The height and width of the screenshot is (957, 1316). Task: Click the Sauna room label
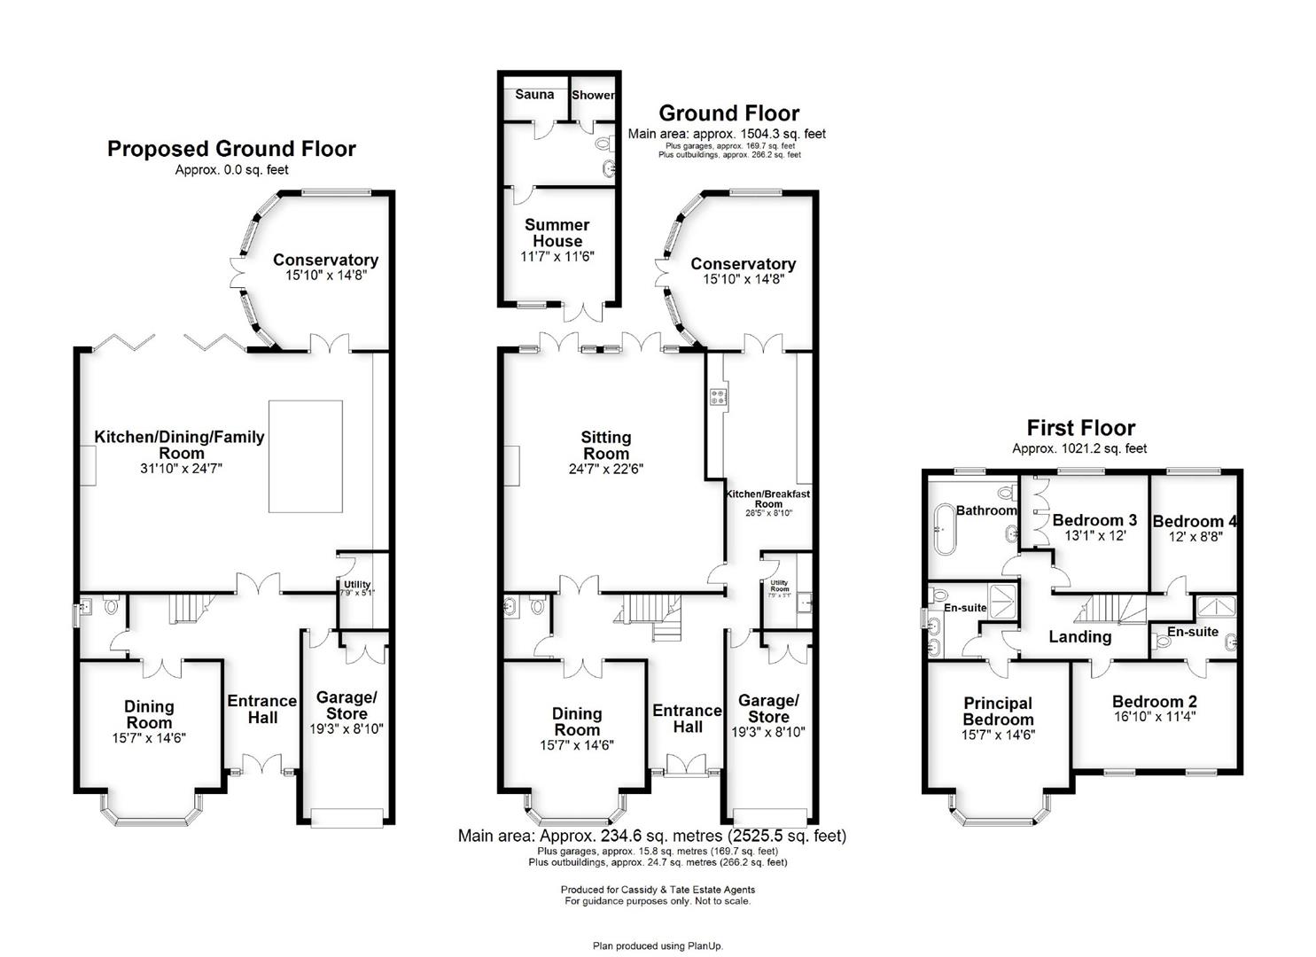tap(534, 95)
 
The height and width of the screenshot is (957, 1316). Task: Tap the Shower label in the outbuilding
tap(593, 95)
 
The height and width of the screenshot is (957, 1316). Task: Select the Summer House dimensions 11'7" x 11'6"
tap(557, 257)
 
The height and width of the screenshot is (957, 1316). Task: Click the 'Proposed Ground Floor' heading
tap(231, 149)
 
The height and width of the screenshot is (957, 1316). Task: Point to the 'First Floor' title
tap(1080, 427)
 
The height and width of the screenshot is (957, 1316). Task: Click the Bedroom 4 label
tap(1195, 521)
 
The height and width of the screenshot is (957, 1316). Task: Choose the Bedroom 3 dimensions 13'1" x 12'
tap(1095, 536)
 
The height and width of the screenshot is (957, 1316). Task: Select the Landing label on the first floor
tap(1079, 637)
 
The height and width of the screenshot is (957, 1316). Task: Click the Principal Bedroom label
tap(998, 712)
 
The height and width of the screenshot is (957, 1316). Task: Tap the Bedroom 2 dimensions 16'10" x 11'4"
tap(1155, 717)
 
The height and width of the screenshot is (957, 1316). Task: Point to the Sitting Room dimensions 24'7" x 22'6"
tap(605, 469)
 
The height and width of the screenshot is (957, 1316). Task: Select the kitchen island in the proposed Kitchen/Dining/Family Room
tap(306, 456)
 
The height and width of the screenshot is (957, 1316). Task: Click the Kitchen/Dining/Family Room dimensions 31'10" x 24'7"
tap(181, 469)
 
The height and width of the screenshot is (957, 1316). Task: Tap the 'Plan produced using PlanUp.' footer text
tap(658, 945)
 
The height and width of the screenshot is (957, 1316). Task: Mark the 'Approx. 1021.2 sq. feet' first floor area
tap(1079, 448)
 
